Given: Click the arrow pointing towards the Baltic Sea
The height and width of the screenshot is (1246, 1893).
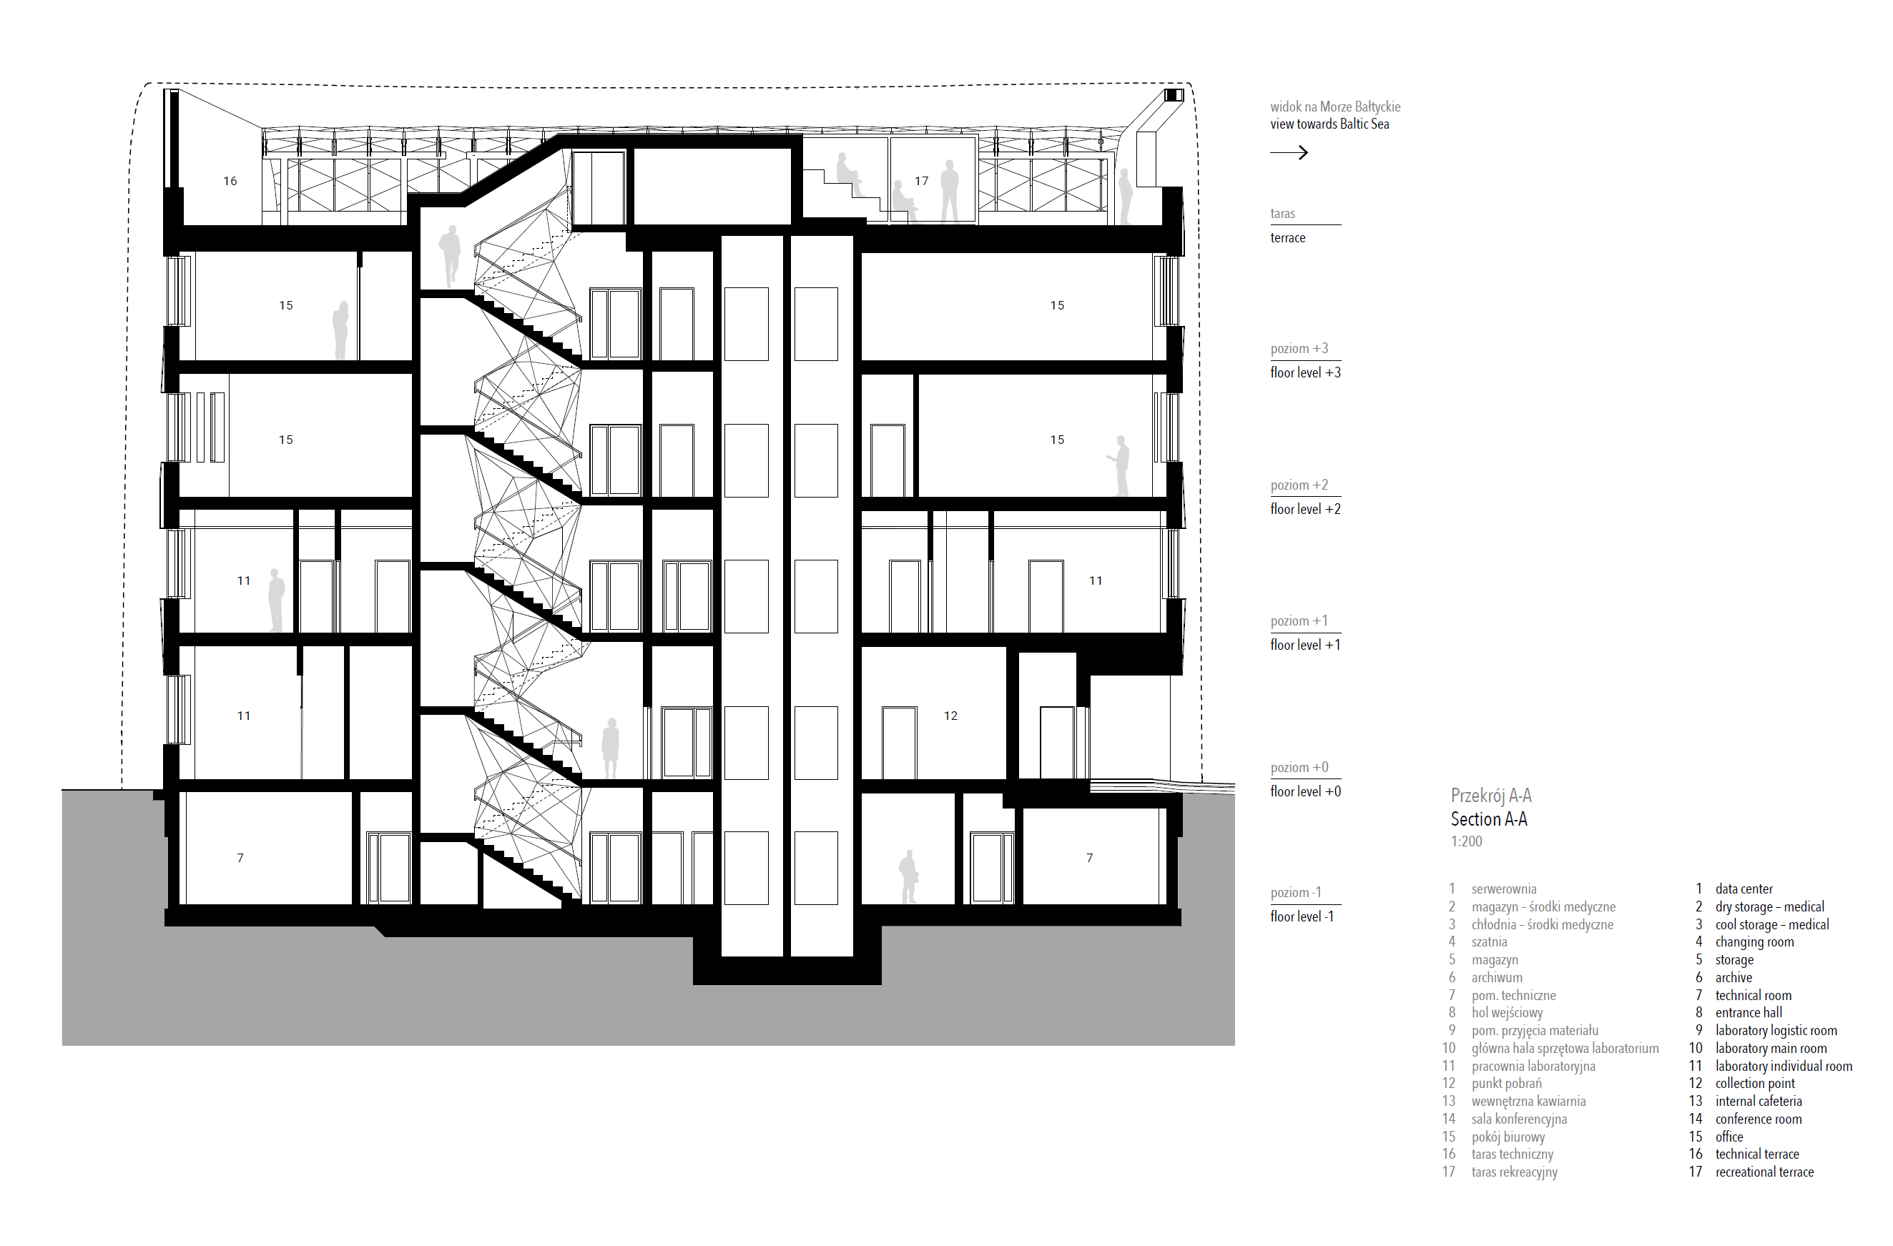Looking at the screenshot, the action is coord(1289,152).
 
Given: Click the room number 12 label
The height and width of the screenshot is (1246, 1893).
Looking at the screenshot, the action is coord(950,716).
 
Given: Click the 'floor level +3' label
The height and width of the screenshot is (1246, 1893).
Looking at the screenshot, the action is coord(1305,372).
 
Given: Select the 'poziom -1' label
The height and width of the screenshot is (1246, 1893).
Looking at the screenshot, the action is coord(1296,892).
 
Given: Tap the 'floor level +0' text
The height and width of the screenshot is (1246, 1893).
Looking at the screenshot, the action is coord(1305,791).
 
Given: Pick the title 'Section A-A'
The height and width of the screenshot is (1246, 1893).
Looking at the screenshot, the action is coord(1488,819).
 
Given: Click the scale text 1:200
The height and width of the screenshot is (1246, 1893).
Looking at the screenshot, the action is coord(1466,841).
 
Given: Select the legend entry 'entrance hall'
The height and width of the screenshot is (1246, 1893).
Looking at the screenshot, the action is coord(1749,1012).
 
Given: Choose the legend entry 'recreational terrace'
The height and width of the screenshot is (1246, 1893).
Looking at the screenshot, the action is coord(1764,1172).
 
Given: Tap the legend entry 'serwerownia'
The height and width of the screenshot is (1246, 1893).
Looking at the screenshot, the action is coord(1503,889).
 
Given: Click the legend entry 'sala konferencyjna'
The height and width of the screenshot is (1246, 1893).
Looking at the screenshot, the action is coord(1518,1119).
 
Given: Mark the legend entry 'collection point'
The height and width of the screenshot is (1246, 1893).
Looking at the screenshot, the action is coord(1754,1083).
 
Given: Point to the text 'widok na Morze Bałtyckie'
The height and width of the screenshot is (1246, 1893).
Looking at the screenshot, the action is coord(1334,107).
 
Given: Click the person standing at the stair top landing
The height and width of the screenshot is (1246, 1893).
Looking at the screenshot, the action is coord(450,255).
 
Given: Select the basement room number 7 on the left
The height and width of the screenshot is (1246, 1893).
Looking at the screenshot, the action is coord(240,858).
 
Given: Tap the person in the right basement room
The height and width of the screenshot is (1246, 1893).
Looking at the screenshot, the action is coord(908,876).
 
